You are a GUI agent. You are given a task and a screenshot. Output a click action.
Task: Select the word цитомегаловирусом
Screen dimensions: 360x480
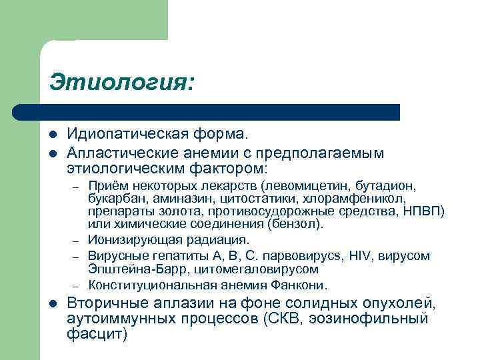coord(262,269)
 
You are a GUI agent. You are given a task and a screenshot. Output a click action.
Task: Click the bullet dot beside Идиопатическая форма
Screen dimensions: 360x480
coord(53,137)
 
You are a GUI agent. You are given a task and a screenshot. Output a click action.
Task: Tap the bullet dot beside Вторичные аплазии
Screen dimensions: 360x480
coord(53,305)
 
